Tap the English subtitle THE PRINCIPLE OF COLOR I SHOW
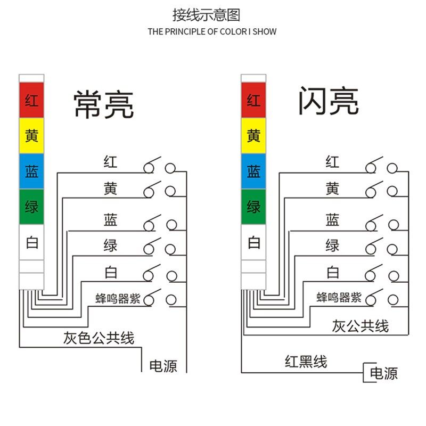[x=212, y=31]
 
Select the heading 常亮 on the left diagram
[x=103, y=104]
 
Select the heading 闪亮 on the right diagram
[x=328, y=101]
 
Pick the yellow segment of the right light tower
[x=253, y=135]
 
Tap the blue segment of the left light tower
[x=31, y=171]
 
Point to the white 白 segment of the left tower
[x=31, y=243]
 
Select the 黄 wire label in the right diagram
[x=332, y=188]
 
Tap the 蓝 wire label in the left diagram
[x=110, y=219]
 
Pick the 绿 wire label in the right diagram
[x=332, y=245]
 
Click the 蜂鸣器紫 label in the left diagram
[x=118, y=299]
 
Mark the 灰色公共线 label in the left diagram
[x=99, y=338]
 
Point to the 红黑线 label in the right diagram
[x=305, y=362]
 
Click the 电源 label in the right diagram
[x=383, y=373]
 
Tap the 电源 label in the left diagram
[x=163, y=366]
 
